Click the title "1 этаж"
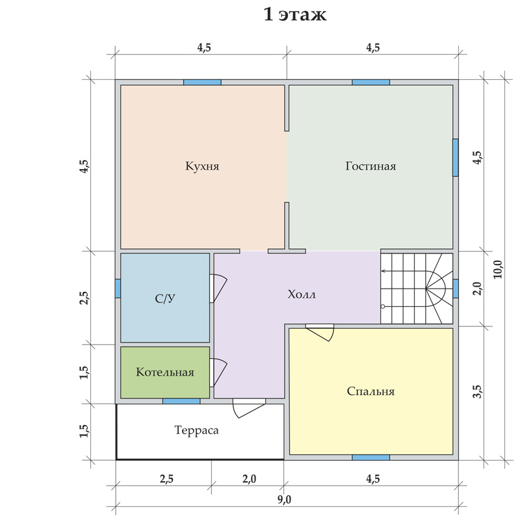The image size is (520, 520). [295, 14]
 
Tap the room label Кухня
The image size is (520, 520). [202, 166]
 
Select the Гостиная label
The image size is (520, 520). [370, 166]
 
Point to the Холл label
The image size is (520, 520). [302, 294]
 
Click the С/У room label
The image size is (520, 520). [165, 299]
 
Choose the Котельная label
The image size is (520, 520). [165, 372]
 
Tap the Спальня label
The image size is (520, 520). [370, 391]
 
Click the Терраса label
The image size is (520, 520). [196, 430]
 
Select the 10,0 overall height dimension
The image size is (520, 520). [498, 269]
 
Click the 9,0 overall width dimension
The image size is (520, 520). [284, 499]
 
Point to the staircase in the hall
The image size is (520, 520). [417, 289]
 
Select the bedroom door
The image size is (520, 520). [320, 333]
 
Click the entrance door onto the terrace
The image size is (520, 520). [250, 408]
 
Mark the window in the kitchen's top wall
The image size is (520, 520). [202, 83]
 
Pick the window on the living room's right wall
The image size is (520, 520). [456, 157]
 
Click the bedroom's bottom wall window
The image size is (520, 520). [370, 458]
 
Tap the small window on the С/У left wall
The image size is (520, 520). [118, 289]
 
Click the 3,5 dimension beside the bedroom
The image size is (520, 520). [478, 391]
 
